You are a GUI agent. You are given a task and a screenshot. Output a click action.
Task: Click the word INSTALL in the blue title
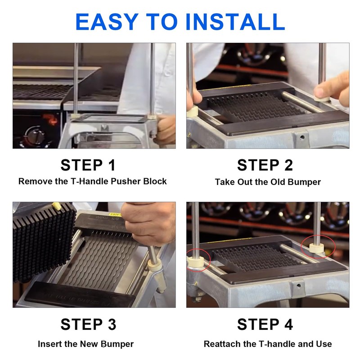235,22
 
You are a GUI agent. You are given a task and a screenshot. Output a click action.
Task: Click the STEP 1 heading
88,165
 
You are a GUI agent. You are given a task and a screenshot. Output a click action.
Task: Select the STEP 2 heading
265,165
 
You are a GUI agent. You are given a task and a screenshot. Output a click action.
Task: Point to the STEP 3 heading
88,324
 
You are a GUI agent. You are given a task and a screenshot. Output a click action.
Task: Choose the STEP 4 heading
265,324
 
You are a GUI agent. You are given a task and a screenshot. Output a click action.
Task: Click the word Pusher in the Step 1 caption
126,181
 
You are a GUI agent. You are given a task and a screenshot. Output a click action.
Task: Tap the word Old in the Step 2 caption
278,182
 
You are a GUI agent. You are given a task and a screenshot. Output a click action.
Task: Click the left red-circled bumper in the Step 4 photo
196,262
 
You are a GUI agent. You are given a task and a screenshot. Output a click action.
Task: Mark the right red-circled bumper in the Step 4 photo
317,248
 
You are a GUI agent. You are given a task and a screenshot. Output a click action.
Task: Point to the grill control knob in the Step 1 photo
35,135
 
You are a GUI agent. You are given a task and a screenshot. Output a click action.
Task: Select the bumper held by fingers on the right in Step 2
322,99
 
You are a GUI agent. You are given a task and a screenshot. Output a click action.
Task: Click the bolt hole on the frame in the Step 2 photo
302,137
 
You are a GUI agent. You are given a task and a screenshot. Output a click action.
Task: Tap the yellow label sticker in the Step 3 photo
115,214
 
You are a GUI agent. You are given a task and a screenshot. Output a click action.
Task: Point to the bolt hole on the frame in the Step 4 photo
298,286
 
